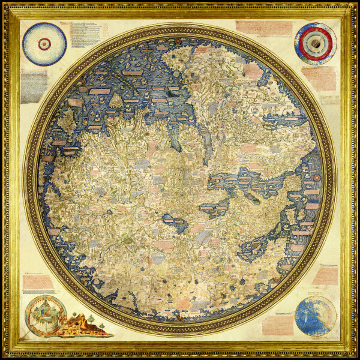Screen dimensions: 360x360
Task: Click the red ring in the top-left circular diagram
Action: (x=44, y=43)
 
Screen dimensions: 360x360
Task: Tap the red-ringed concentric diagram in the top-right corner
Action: (x=316, y=43)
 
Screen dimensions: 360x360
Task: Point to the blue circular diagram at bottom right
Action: (x=315, y=315)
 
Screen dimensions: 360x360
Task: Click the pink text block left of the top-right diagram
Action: (x=264, y=28)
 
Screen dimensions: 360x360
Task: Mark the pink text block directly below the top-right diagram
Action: (x=318, y=78)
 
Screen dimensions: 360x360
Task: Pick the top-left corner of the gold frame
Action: (x=6, y=6)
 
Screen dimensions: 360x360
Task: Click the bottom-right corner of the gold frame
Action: (x=354, y=354)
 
